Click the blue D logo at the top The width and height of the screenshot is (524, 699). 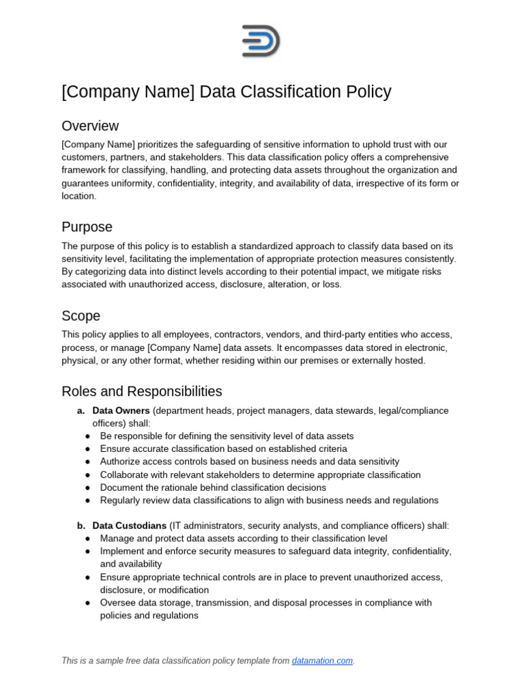[261, 41]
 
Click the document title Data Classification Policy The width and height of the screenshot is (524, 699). [226, 91]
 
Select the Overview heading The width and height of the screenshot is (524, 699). [90, 126]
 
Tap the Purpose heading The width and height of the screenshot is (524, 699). [87, 227]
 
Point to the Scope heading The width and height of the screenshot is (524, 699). [81, 315]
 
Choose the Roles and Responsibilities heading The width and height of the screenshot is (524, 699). [141, 391]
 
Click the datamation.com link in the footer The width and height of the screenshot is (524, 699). [322, 661]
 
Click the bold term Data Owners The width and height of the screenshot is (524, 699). [121, 410]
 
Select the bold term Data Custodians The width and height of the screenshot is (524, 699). [130, 526]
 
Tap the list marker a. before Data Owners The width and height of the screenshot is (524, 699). [81, 410]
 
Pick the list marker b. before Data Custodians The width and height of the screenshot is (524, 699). [81, 526]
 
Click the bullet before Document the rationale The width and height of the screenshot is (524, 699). [88, 487]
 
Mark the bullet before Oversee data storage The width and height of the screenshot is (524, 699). [88, 603]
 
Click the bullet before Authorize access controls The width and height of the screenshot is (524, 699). [88, 461]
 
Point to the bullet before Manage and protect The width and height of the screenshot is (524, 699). [88, 539]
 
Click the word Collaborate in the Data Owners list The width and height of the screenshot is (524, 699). [125, 474]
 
